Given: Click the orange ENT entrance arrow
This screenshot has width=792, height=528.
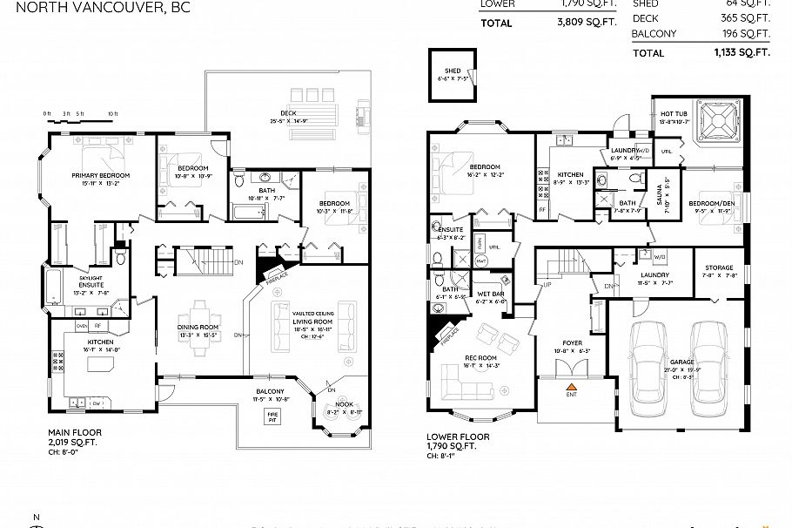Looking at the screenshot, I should [572, 384].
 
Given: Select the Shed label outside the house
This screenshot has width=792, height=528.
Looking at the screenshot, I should [453, 71].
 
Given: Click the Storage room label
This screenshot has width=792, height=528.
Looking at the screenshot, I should [719, 268].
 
